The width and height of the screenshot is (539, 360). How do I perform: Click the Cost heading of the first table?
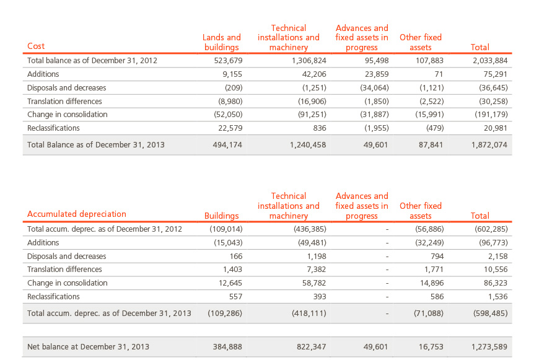click(x=36, y=46)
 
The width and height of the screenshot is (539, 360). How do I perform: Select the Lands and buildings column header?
click(x=221, y=42)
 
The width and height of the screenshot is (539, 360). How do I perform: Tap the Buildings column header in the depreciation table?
click(x=221, y=216)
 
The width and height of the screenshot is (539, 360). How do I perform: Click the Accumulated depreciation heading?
click(x=77, y=214)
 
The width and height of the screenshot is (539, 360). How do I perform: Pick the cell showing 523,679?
click(x=228, y=61)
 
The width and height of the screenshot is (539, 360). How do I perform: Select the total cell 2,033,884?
click(x=490, y=61)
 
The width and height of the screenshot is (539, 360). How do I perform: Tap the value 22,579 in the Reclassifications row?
click(x=230, y=128)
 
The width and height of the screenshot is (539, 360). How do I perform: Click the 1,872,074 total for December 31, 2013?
click(x=489, y=145)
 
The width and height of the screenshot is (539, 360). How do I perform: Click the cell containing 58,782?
click(x=314, y=283)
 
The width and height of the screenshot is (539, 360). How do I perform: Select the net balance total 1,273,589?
click(x=489, y=346)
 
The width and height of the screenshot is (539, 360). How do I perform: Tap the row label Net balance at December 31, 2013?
click(x=88, y=346)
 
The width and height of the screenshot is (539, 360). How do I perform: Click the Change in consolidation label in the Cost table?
click(x=68, y=115)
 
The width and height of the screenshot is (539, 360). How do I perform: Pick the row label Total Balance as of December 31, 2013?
click(x=96, y=145)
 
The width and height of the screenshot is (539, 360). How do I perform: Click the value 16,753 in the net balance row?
click(x=431, y=346)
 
